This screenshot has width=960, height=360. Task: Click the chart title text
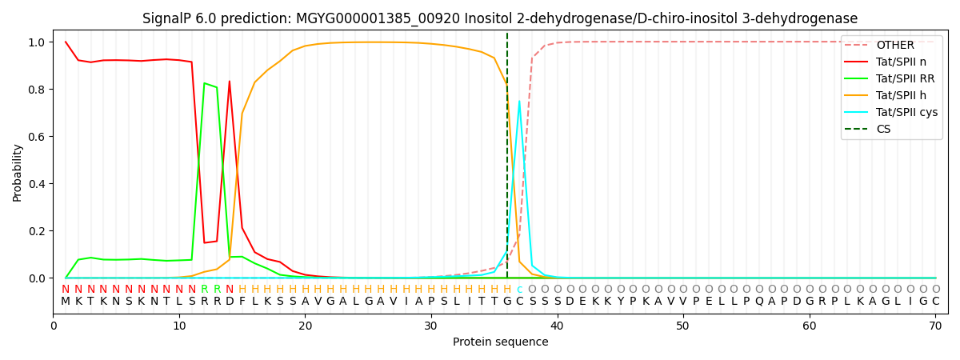point(500,18)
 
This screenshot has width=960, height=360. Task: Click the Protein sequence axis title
point(500,342)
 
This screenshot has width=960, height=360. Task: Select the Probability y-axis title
point(18,172)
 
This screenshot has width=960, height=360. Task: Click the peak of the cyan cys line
point(519,101)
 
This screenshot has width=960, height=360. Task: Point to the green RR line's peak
point(204,83)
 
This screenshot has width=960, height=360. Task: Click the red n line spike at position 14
point(230,81)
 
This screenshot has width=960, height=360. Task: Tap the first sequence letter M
point(66,302)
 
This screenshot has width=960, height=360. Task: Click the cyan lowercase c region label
point(519,290)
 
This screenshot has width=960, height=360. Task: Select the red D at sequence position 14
point(230,302)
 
